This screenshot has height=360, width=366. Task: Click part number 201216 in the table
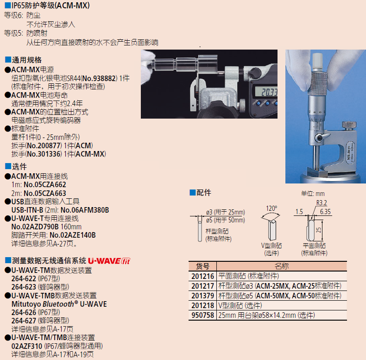[202, 276]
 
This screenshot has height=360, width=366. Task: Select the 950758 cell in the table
[202, 315]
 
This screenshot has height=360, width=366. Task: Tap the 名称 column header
[282, 266]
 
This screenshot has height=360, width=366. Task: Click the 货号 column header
[202, 266]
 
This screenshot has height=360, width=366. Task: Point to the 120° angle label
[271, 208]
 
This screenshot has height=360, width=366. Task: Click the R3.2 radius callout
[322, 203]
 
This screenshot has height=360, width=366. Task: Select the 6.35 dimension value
[325, 212]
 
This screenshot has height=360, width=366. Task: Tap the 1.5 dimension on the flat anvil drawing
[299, 212]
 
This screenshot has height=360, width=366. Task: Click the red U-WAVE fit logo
[109, 261]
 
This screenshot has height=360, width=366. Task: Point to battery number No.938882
[100, 78]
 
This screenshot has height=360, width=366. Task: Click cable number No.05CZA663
[45, 193]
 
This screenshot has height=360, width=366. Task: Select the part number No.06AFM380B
[85, 210]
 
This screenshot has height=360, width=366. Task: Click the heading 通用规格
[26, 60]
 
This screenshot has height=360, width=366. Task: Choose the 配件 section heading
[203, 193]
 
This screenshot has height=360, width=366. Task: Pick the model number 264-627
[24, 321]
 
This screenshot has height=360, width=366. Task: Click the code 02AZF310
[27, 346]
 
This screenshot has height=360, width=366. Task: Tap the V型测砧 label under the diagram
[271, 246]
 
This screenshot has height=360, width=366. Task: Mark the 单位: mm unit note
[313, 194]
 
